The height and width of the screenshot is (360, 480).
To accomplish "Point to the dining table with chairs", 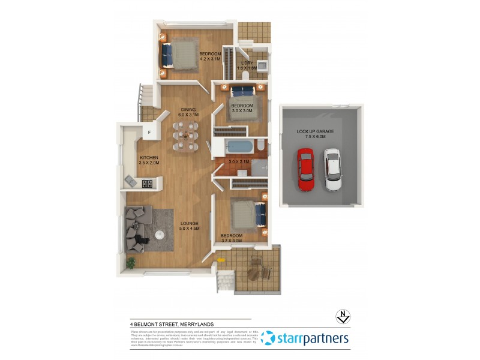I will coord(185,137).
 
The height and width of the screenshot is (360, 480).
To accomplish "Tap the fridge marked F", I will coord(148,132).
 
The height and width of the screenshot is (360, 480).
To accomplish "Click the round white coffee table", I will coord(160,235).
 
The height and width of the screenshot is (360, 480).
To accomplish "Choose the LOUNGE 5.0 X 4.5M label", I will coord(189,226).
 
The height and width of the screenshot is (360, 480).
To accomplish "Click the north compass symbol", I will coord(342,316).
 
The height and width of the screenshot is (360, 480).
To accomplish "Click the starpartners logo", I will coord(305,338).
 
